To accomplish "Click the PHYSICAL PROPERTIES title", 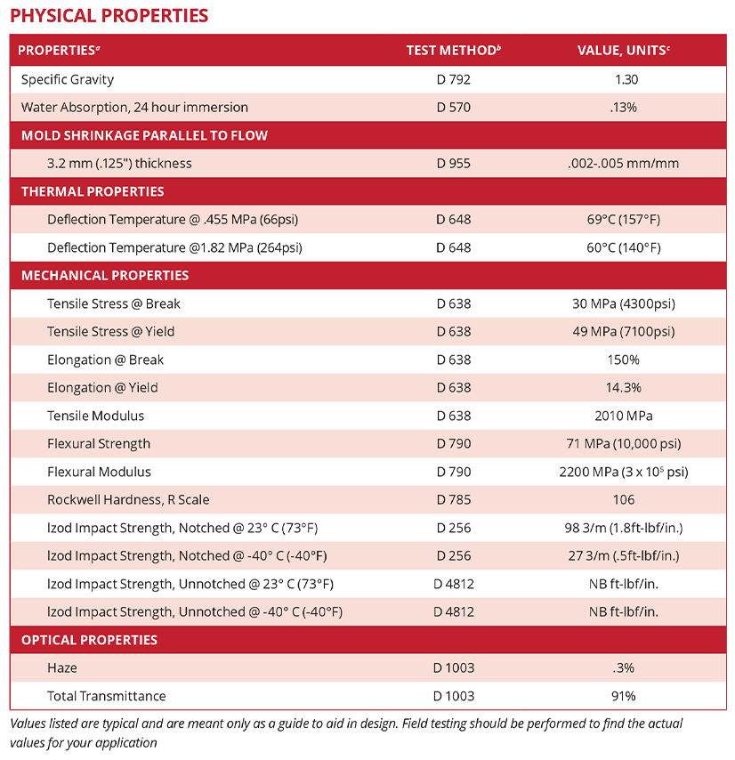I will click(109, 16).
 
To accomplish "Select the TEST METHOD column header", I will click(453, 50).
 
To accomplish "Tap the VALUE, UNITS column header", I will click(623, 50).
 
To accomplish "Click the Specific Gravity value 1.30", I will click(626, 79).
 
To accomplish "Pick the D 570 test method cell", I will click(453, 107).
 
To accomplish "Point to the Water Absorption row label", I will click(134, 107).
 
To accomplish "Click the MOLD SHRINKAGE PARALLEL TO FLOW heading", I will click(144, 135).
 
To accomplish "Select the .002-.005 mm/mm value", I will click(623, 163).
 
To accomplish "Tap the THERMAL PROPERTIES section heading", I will click(93, 191).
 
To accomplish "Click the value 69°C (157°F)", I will click(623, 219).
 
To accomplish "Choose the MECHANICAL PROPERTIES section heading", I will click(105, 275).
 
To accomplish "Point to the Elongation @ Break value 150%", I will click(623, 360).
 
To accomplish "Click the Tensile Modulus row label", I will click(95, 416).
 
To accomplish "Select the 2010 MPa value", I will click(623, 416).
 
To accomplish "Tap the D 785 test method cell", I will click(453, 499).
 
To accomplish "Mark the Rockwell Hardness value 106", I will click(624, 499).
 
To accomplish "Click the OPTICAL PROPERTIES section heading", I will click(89, 640).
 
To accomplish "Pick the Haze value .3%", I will click(624, 667).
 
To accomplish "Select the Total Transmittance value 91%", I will click(623, 695).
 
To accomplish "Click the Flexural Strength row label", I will click(99, 443).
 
